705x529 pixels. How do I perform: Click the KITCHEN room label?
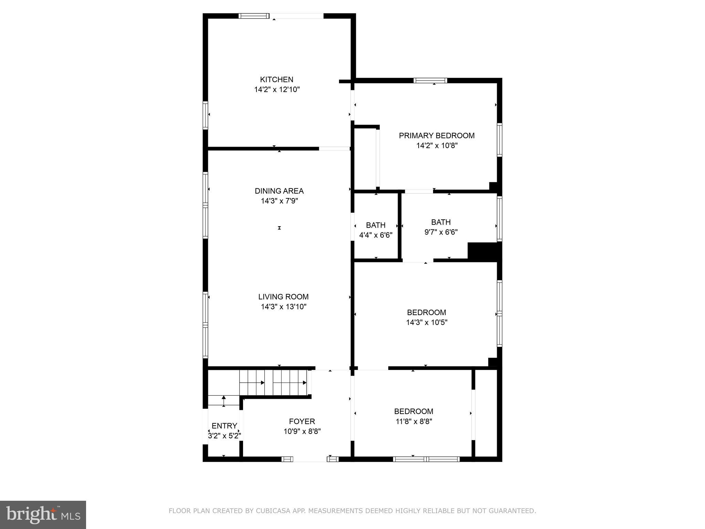(276, 80)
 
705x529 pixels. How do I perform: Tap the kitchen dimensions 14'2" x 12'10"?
(277, 90)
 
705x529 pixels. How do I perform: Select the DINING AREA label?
(279, 191)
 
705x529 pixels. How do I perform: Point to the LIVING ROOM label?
(283, 297)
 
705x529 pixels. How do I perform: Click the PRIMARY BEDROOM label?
(436, 136)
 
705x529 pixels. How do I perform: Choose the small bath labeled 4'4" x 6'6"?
(376, 230)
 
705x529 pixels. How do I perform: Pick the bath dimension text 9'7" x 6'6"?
(441, 232)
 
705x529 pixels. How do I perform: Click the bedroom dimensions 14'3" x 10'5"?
(427, 322)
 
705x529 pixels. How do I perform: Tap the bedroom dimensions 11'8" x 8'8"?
(413, 421)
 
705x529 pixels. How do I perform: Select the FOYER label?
(302, 421)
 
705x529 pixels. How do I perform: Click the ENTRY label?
(224, 426)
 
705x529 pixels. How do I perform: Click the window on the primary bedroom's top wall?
(430, 81)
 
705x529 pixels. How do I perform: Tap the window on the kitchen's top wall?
(254, 16)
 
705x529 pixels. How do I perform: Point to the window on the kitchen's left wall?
(206, 115)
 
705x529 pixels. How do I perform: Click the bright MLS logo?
(43, 515)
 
